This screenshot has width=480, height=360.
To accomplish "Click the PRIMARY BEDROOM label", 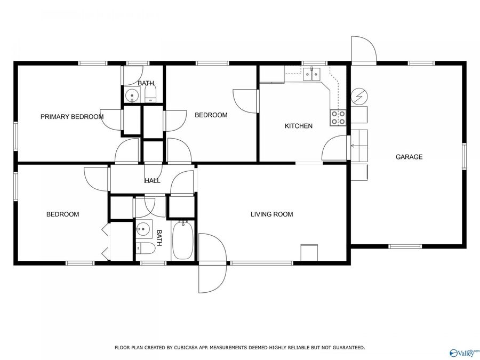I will (x=72, y=117).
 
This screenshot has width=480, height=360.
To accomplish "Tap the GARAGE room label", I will (x=409, y=157).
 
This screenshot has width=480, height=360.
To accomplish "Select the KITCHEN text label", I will (x=298, y=126).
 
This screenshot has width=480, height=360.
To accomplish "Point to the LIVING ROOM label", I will (x=272, y=214).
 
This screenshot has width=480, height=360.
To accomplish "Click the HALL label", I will (x=153, y=181).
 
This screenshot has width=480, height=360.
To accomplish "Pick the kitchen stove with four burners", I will (x=338, y=117).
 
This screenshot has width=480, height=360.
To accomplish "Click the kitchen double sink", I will (x=311, y=74).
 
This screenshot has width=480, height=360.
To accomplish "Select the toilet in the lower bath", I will (x=146, y=248).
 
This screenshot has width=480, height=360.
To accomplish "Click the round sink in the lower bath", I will (x=143, y=229).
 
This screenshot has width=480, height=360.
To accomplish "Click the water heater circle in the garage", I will (x=358, y=96).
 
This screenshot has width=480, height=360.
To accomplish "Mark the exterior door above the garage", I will (x=364, y=49).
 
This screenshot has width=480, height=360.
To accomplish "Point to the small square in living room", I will (x=309, y=252).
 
